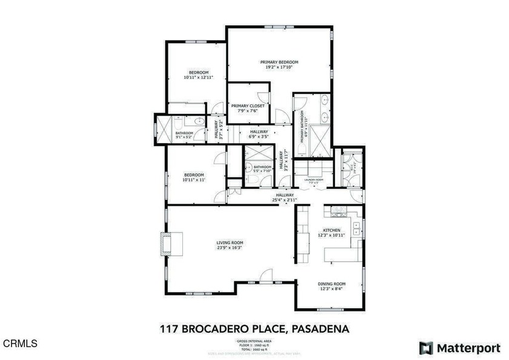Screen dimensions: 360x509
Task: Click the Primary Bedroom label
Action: pyautogui.click(x=279, y=62)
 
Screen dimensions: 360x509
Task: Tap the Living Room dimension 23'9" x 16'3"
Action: pyautogui.click(x=225, y=248)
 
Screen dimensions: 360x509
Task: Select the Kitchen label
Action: pyautogui.click(x=331, y=230)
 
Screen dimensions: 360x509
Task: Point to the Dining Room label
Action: pyautogui.click(x=331, y=284)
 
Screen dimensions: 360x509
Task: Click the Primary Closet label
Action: pyautogui.click(x=247, y=106)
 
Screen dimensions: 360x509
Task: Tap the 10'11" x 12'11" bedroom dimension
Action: pyautogui.click(x=196, y=78)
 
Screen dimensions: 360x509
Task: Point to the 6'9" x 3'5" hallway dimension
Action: pyautogui.click(x=259, y=137)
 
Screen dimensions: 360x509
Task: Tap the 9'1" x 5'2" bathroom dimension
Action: pyautogui.click(x=184, y=138)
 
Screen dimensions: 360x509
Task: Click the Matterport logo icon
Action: pyautogui.click(x=426, y=347)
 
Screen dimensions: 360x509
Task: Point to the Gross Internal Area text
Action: pyautogui.click(x=254, y=342)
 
